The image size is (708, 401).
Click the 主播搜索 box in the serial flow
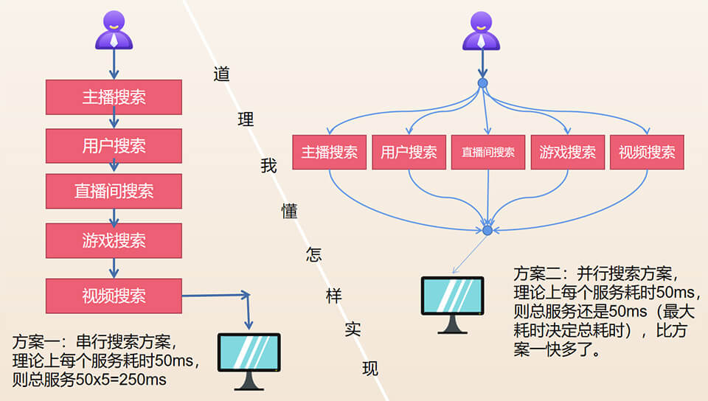pyautogui.click(x=114, y=97)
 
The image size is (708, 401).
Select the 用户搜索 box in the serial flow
pyautogui.click(x=114, y=145)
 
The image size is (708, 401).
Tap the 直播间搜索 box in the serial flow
pyautogui.click(x=114, y=191)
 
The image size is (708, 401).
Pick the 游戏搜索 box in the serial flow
pyautogui.click(x=114, y=240)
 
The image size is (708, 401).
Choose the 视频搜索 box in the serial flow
pyautogui.click(x=114, y=296)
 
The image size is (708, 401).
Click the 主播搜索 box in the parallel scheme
pyautogui.click(x=329, y=153)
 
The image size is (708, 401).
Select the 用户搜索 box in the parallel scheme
pyautogui.click(x=409, y=153)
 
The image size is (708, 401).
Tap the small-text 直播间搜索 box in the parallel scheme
pyautogui.click(x=487, y=153)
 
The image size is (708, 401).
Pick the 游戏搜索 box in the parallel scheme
pyautogui.click(x=567, y=153)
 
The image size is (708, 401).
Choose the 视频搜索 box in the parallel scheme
pyautogui.click(x=647, y=153)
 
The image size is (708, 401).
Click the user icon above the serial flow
pyautogui.click(x=114, y=29)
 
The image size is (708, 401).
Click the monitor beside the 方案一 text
pyautogui.click(x=249, y=359)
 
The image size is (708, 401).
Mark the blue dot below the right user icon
pyautogui.click(x=482, y=83)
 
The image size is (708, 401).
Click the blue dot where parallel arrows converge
pyautogui.click(x=487, y=231)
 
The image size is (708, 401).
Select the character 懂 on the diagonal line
pyautogui.click(x=289, y=212)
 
